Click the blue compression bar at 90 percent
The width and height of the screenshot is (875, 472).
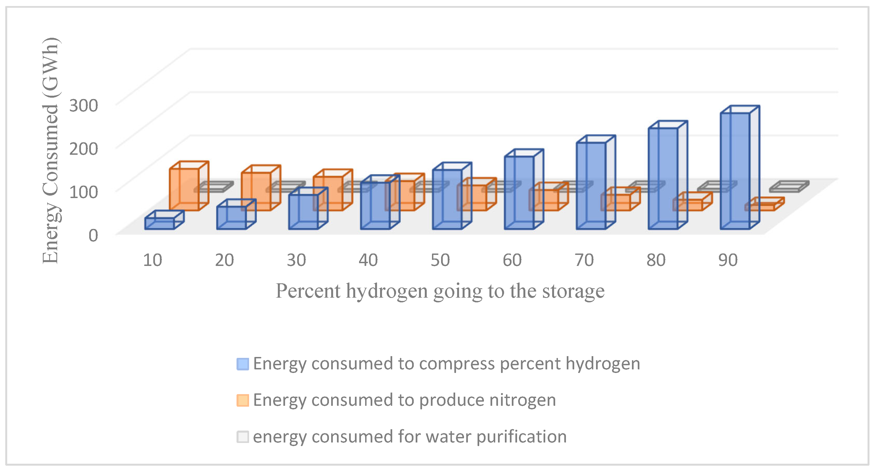click(x=735, y=170)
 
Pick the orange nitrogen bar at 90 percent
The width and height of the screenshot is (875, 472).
click(x=760, y=207)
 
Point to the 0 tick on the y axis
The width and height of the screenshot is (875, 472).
click(x=93, y=235)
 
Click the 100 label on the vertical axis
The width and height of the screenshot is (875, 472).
click(x=83, y=192)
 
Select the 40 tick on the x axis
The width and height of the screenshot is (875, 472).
click(x=368, y=260)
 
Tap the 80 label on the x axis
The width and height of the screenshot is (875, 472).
click(x=656, y=260)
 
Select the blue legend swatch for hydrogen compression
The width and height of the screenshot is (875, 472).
click(x=243, y=364)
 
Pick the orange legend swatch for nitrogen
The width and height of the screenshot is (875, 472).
click(x=243, y=400)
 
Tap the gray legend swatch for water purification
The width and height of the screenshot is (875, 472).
click(x=243, y=437)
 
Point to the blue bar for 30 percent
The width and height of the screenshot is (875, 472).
click(x=303, y=211)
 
